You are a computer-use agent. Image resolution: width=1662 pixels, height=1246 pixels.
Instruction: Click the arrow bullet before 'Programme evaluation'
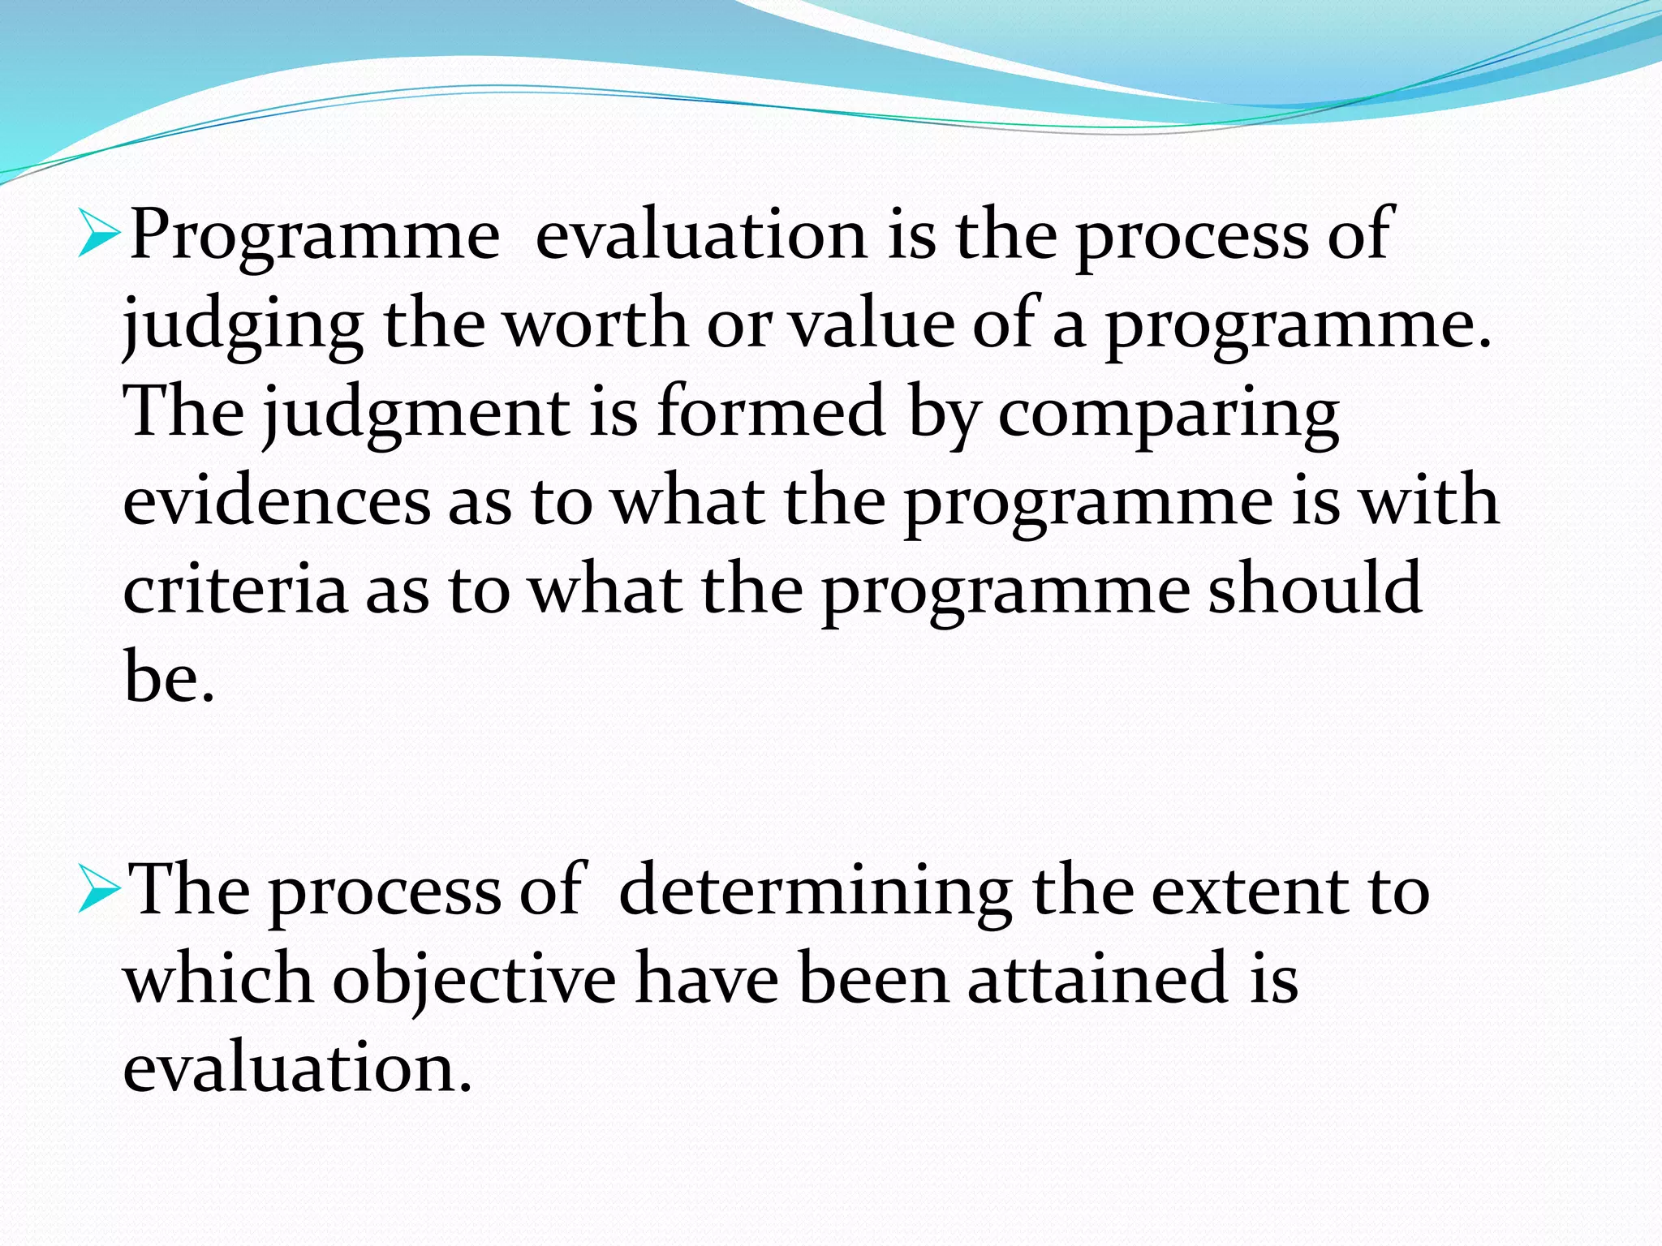tap(99, 241)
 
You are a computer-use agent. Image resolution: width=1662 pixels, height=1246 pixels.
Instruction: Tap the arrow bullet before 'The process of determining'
tap(99, 896)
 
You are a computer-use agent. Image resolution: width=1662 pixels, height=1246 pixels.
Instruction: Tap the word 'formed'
tap(770, 412)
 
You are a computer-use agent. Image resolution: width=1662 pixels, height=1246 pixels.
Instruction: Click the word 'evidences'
tap(276, 501)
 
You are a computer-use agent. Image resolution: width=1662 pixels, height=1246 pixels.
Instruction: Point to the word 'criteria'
tap(235, 590)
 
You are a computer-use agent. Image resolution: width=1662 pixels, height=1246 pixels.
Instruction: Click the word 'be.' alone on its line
tap(169, 677)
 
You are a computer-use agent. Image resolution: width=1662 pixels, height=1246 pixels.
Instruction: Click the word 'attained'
tap(1098, 979)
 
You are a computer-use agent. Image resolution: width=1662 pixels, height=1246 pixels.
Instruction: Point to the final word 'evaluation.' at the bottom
tap(297, 1068)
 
